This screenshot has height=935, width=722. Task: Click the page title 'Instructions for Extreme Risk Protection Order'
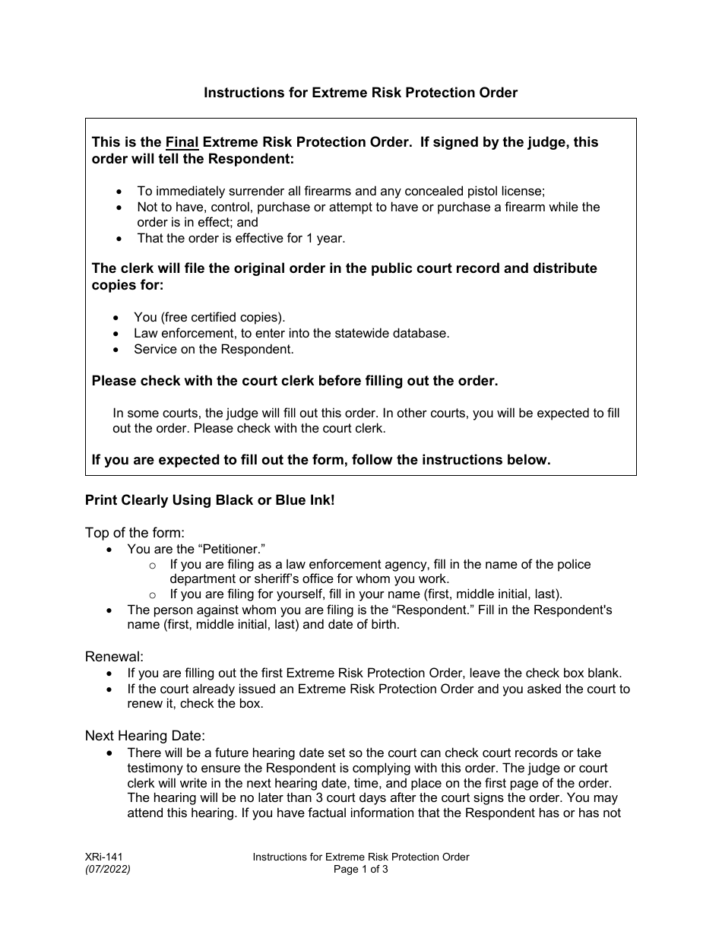coord(360,93)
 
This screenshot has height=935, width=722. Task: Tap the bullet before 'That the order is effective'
coord(119,239)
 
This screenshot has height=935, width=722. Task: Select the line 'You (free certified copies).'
coord(210,317)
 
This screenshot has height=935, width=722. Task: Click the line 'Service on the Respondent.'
coord(214,350)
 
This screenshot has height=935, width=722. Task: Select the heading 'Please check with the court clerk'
coord(295,382)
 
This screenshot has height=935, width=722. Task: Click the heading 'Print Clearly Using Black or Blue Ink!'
coord(210,501)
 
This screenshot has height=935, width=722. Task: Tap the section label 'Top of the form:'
coord(135,533)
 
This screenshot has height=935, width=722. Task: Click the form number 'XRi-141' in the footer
coord(103,857)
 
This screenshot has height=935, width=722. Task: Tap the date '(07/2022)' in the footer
coord(107,870)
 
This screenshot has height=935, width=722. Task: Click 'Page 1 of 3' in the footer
coord(361,870)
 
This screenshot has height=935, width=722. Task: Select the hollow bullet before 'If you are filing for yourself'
coord(153,594)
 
